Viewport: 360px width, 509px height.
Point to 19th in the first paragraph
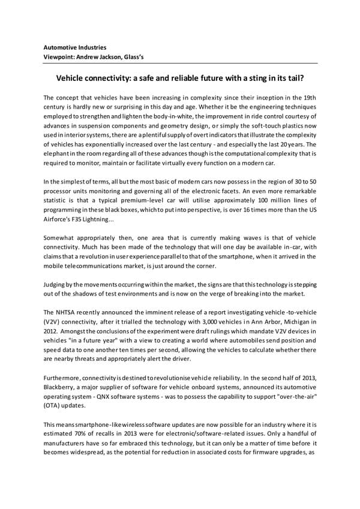[x=309, y=97]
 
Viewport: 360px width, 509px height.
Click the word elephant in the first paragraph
[x=59, y=155]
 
